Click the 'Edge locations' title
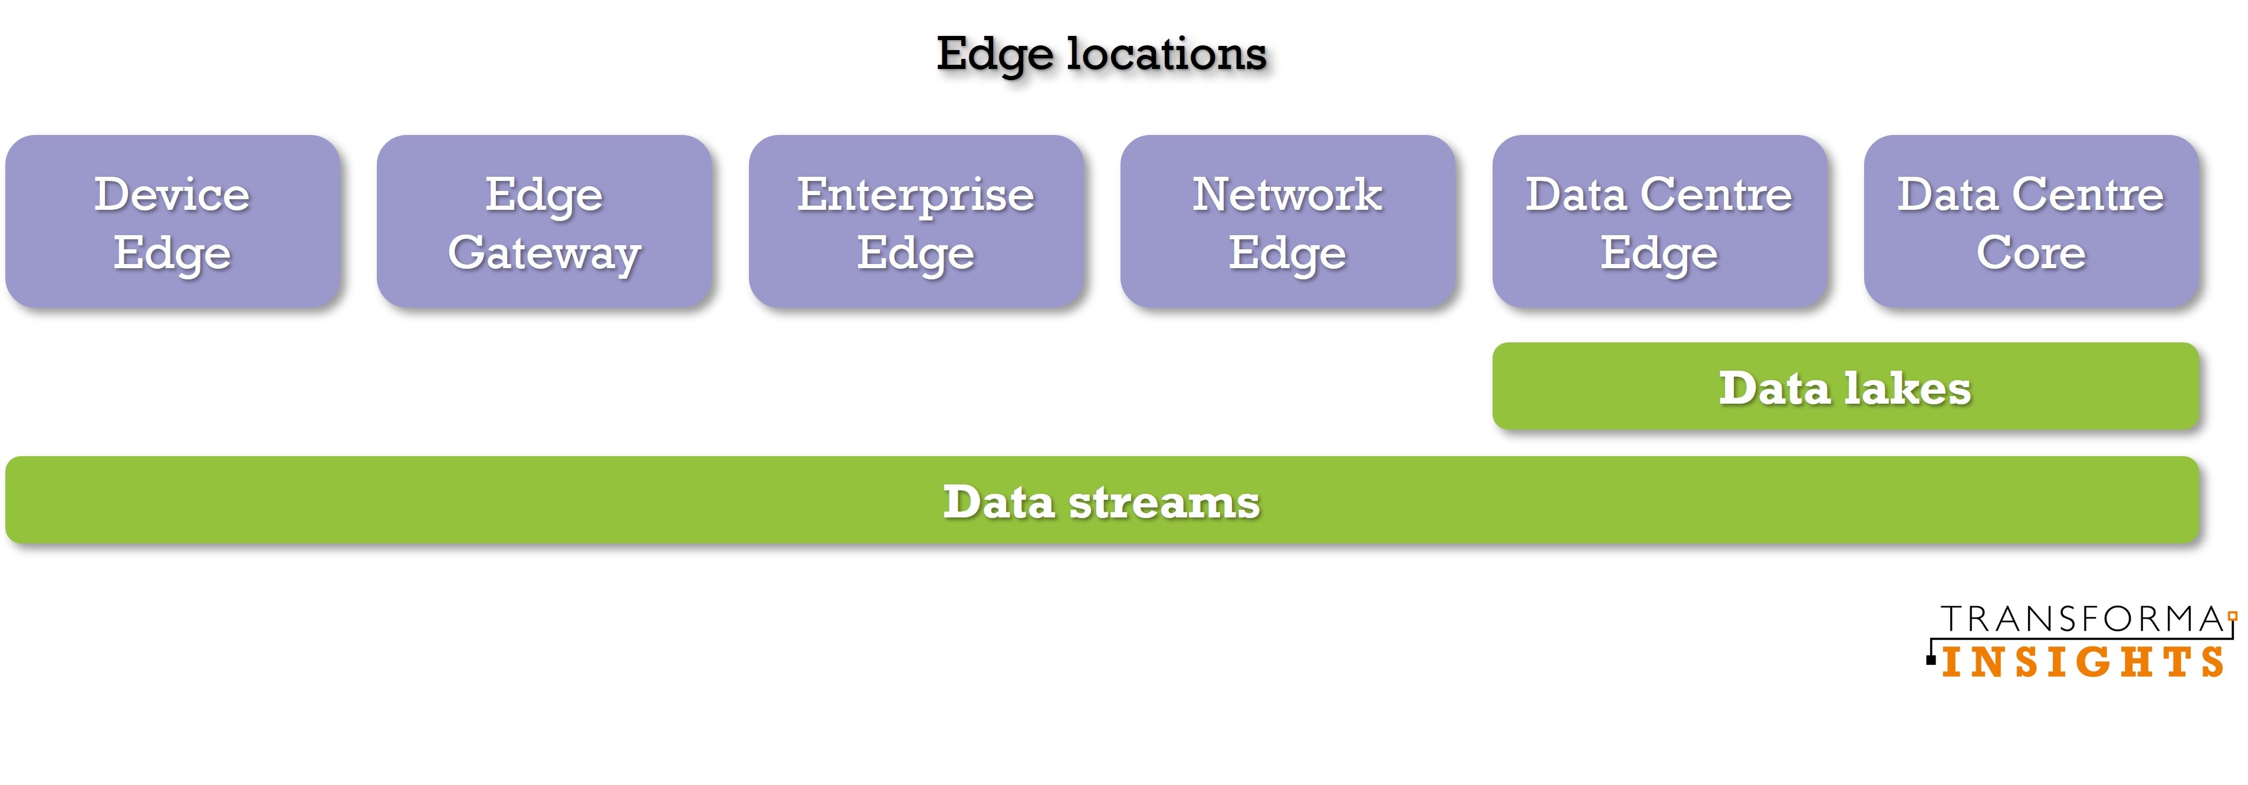coord(1102,55)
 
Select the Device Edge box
coord(173,220)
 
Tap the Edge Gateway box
coord(544,220)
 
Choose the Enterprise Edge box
coord(916,220)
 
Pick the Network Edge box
coord(1288,220)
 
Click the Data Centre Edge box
coord(1660,220)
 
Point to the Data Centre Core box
coord(2032,220)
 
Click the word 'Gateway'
coord(544,255)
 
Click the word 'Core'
coord(2032,252)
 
